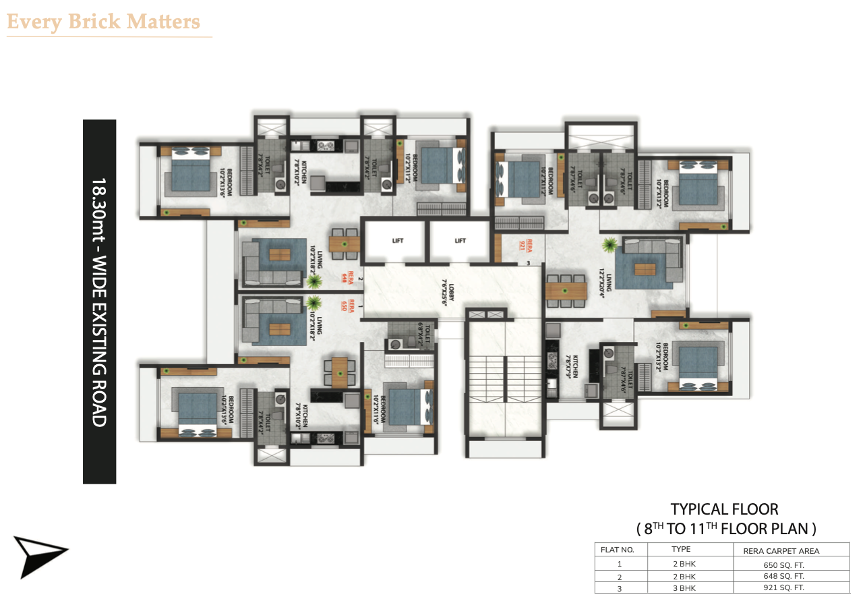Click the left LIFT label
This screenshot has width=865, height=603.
(x=397, y=241)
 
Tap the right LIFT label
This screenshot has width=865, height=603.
(x=460, y=241)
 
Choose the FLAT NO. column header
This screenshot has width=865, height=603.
(x=617, y=550)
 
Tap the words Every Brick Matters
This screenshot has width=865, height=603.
(x=103, y=22)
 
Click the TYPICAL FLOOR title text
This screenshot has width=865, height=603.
(x=724, y=509)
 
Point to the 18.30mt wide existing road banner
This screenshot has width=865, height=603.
(x=99, y=301)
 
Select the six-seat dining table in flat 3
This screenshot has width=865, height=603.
(x=566, y=291)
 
